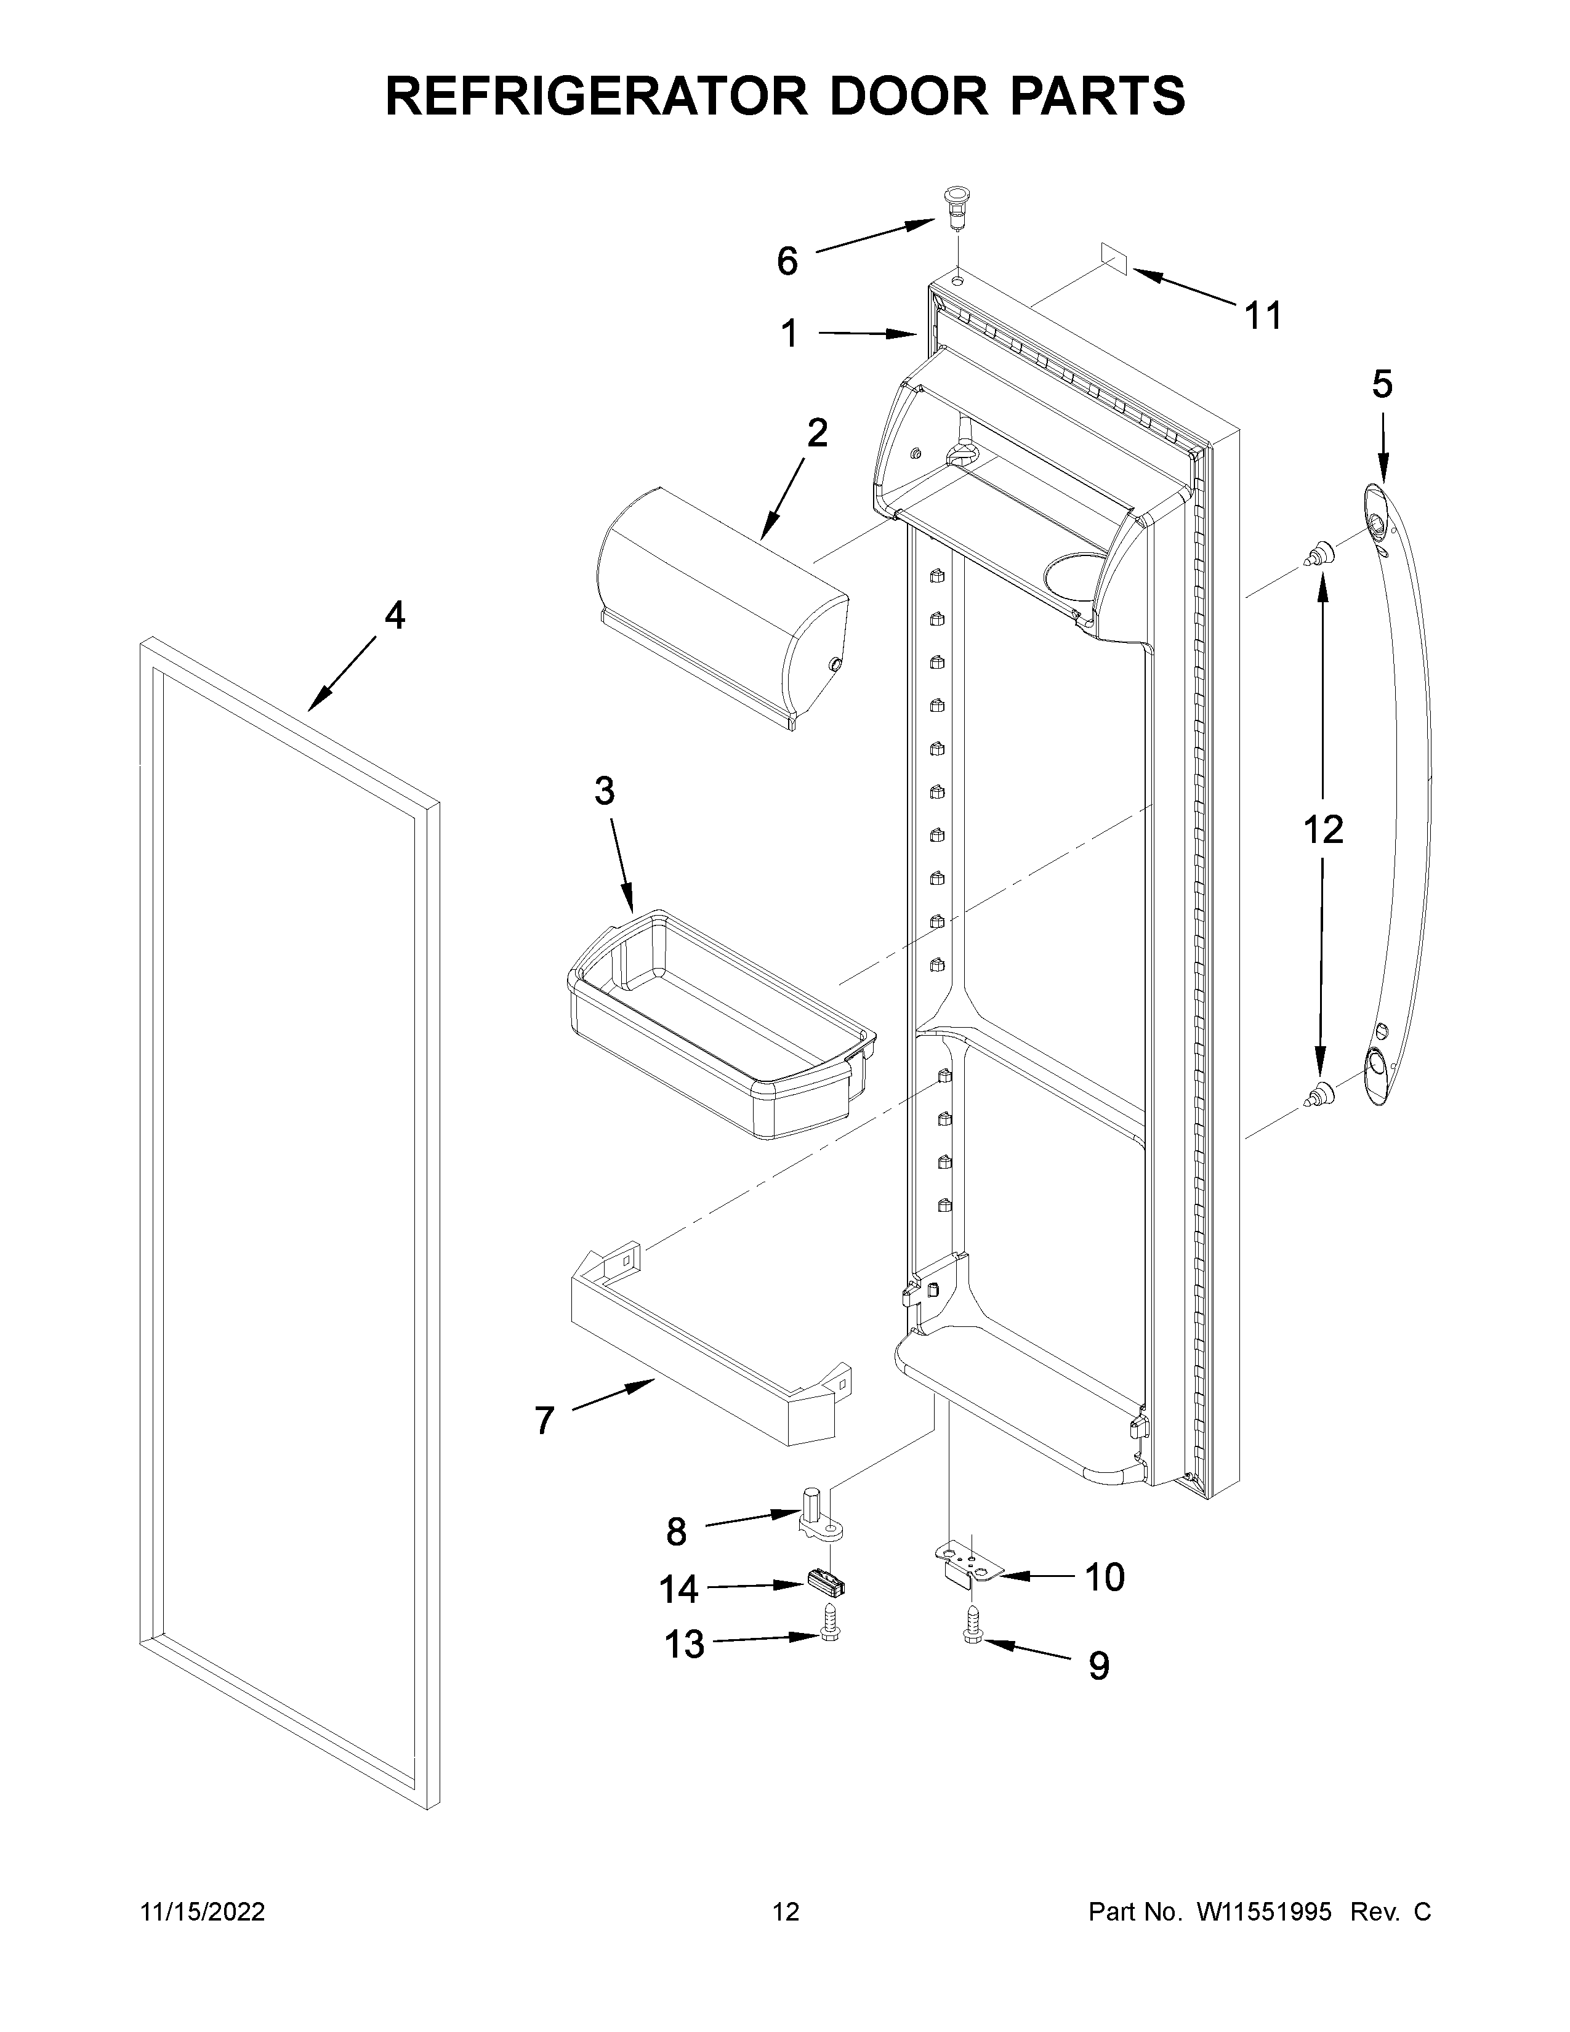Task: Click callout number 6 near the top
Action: pyautogui.click(x=787, y=262)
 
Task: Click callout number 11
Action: pyautogui.click(x=1263, y=316)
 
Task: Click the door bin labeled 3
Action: pyautogui.click(x=721, y=1023)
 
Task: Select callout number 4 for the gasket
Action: pyautogui.click(x=395, y=615)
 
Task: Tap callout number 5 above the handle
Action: pyautogui.click(x=1382, y=384)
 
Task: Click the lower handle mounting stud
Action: pyautogui.click(x=1319, y=1096)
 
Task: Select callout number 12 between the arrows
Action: pyautogui.click(x=1322, y=829)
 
